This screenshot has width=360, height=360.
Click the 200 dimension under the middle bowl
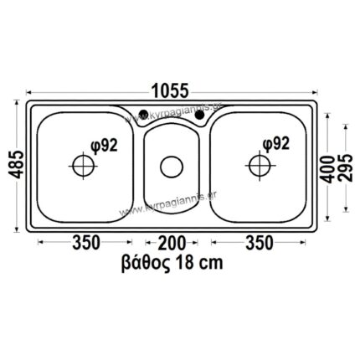click(172, 243)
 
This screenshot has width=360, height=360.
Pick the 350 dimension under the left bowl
click(85, 243)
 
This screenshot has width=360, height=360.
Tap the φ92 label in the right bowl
click(275, 143)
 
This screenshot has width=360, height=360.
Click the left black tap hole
click(144, 115)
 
